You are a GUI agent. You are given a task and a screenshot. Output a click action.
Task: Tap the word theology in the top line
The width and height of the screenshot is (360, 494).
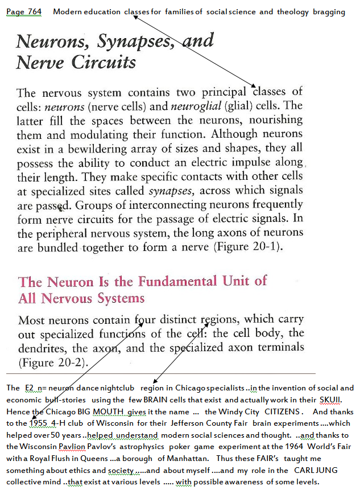tap(292, 12)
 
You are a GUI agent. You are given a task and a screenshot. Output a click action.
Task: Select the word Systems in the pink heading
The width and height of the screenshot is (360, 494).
tap(116, 298)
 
